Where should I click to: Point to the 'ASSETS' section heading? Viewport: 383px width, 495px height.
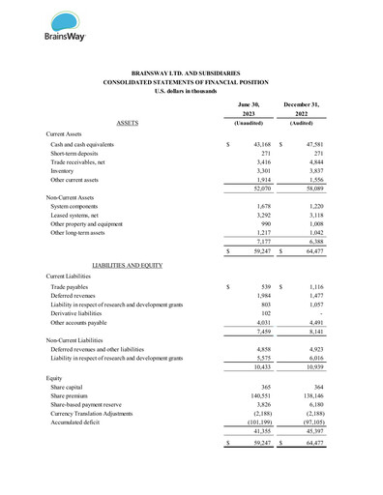(127, 124)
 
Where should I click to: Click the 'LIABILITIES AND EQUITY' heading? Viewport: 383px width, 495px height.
(126, 264)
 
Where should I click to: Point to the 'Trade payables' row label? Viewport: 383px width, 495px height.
(73, 287)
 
